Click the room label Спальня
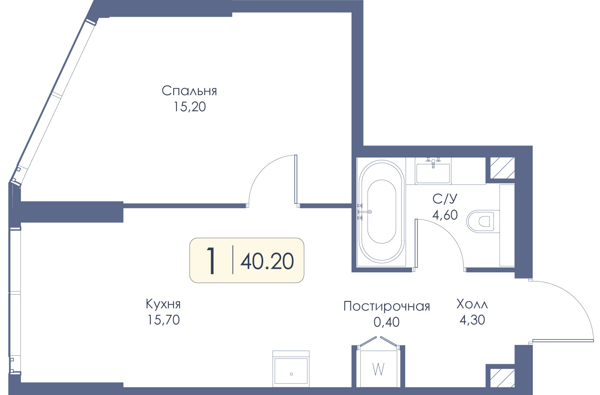tap(189, 91)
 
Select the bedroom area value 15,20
tap(190, 107)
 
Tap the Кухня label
tap(163, 304)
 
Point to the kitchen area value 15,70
tap(163, 320)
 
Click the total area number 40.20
tap(267, 261)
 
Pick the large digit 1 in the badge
tap(211, 261)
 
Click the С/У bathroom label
tap(445, 199)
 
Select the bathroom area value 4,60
tap(445, 215)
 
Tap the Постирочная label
tap(386, 306)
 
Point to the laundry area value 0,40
tap(386, 322)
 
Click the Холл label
tap(472, 304)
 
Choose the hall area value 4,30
tap(472, 320)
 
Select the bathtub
tap(382, 211)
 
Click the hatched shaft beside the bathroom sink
tap(502, 168)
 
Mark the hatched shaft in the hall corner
tap(502, 378)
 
